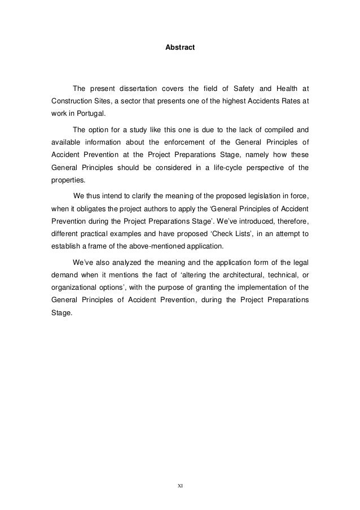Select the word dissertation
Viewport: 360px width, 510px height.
point(138,88)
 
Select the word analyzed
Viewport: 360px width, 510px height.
point(128,262)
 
